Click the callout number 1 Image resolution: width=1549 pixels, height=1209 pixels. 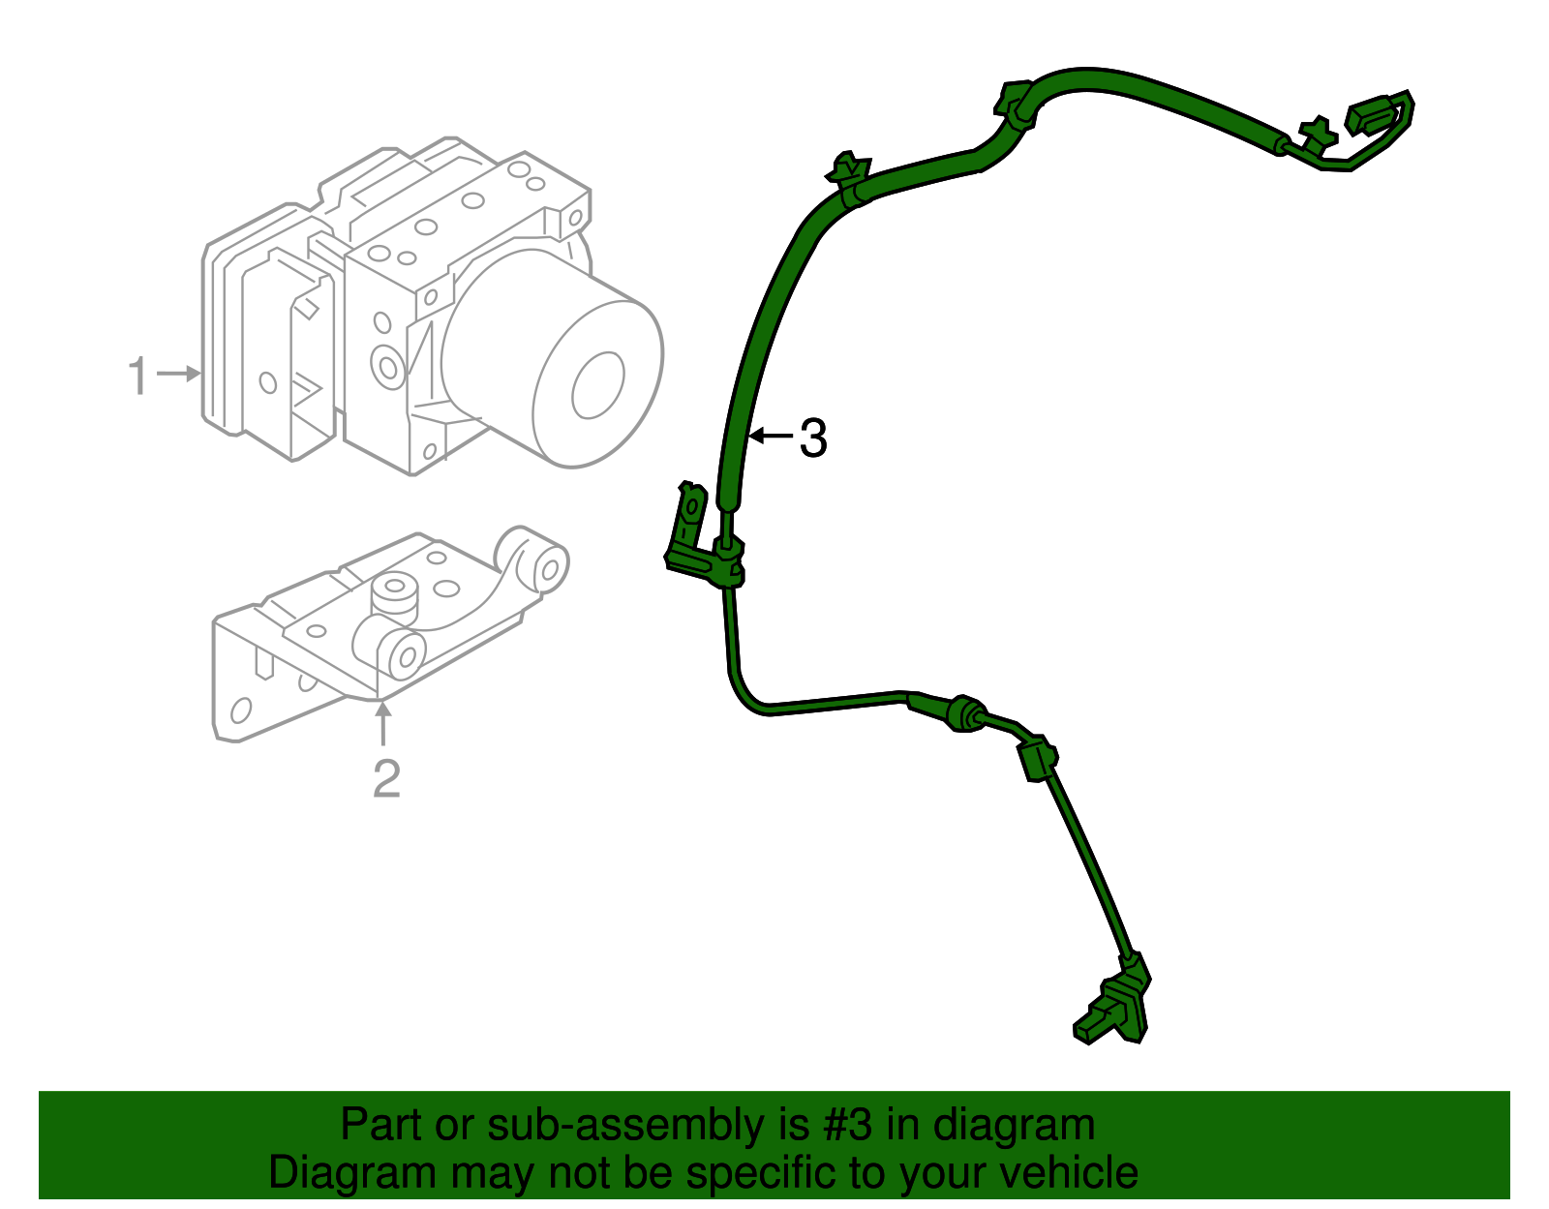(x=139, y=375)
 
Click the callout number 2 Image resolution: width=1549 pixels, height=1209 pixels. (x=386, y=778)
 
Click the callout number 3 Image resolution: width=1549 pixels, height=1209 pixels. (x=813, y=438)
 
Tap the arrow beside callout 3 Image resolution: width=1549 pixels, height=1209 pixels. (x=772, y=437)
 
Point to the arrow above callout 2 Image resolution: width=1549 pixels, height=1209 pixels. (x=383, y=724)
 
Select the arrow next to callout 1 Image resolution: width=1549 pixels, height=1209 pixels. (x=179, y=373)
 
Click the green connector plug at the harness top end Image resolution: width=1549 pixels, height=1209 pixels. (x=1380, y=114)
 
